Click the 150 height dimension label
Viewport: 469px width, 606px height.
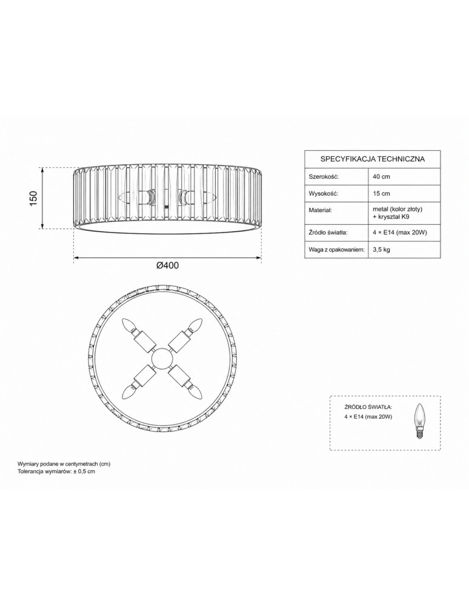[x=33, y=198]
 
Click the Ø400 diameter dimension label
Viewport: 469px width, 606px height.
[x=167, y=265]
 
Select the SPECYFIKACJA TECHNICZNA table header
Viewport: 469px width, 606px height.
[x=373, y=159]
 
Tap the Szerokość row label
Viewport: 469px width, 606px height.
[x=324, y=176]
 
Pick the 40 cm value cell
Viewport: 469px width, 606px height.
[x=381, y=176]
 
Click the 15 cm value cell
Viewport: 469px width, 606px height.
[x=381, y=194]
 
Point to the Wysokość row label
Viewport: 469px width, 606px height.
[x=324, y=194]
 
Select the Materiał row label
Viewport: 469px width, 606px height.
[x=321, y=210]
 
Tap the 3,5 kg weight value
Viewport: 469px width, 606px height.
[x=381, y=249]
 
